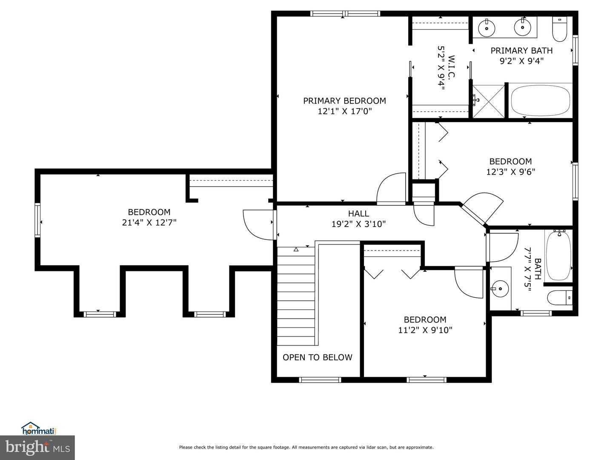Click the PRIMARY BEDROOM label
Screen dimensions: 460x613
click(344, 101)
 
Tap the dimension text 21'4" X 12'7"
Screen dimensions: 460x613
click(149, 222)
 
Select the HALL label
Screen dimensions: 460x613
click(358, 214)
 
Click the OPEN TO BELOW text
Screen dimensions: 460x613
click(317, 357)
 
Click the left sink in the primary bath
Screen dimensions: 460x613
click(486, 29)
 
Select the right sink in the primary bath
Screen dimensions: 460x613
click(522, 28)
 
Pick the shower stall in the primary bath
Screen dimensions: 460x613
click(489, 101)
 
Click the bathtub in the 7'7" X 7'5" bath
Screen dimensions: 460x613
click(558, 256)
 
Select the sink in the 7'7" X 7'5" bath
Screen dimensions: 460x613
click(500, 289)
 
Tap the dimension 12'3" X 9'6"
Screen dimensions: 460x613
click(510, 172)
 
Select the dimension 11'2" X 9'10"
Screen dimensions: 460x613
click(425, 330)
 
